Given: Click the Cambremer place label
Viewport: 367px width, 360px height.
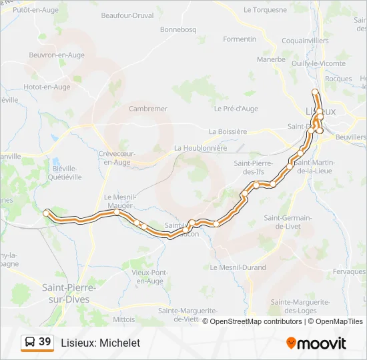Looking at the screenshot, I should (148, 109).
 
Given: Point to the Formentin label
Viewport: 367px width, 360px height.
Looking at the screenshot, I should (240, 39).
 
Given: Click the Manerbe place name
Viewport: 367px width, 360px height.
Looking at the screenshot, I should (271, 59).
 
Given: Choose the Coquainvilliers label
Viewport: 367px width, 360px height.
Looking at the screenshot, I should (305, 41).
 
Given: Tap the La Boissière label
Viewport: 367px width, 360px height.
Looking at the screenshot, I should (228, 132).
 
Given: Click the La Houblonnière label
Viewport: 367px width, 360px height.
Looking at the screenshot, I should (201, 148).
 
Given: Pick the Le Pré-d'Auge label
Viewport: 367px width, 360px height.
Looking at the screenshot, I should (236, 109).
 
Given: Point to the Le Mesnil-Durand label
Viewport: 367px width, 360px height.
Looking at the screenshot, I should (238, 268).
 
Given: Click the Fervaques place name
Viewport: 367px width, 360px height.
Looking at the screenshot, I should (349, 272).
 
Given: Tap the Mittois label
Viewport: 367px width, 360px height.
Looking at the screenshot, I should (123, 320).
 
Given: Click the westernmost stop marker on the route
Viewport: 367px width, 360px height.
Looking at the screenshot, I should (46, 213).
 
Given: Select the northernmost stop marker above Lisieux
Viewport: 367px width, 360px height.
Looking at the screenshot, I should (316, 92).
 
